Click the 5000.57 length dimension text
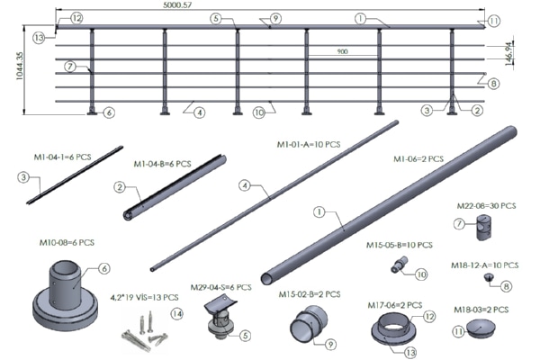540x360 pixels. coord(271,5)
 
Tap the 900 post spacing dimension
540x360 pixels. coord(341,51)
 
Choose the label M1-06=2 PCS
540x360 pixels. coord(419,159)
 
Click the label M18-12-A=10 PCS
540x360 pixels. coord(486,265)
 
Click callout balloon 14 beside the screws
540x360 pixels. coord(176,313)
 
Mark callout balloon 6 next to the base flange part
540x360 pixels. coord(104,268)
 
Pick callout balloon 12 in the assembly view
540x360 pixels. coord(76,17)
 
